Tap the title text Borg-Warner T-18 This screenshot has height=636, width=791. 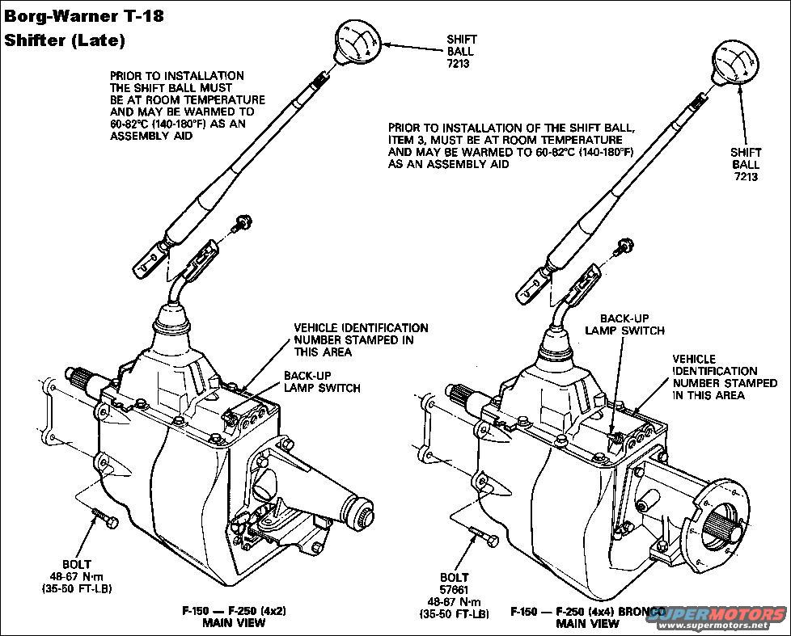click(83, 17)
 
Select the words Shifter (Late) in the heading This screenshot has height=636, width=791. click(66, 40)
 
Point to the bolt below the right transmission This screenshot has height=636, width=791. click(483, 535)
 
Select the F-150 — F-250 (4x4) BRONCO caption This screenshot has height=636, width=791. click(587, 612)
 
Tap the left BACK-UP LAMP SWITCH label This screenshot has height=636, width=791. click(321, 381)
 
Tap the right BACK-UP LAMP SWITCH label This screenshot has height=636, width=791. click(624, 325)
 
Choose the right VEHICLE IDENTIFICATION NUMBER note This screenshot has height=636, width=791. click(709, 377)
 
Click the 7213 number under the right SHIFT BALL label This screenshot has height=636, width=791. click(746, 176)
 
